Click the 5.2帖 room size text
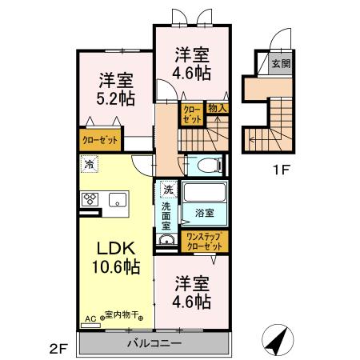pyautogui.click(x=117, y=97)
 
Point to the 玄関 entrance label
pyautogui.click(x=280, y=63)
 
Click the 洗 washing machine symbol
pyautogui.click(x=167, y=190)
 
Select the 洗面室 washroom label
pyautogui.click(x=167, y=215)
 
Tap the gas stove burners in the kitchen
pyautogui.click(x=87, y=200)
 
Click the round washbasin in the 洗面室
pyautogui.click(x=167, y=242)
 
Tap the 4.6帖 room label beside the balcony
pyautogui.click(x=192, y=293)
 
